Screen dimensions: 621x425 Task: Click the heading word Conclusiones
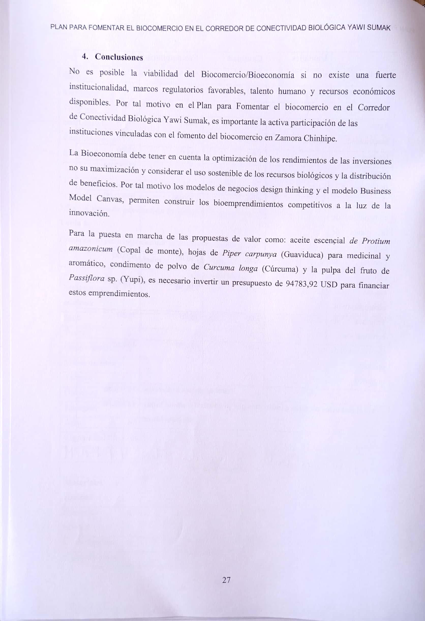[x=119, y=57]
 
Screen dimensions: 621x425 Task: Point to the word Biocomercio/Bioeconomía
[x=248, y=74]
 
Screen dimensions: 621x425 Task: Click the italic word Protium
[x=376, y=241]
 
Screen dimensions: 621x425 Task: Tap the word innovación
[x=89, y=213]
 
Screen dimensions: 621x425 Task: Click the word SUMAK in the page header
[x=379, y=28]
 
